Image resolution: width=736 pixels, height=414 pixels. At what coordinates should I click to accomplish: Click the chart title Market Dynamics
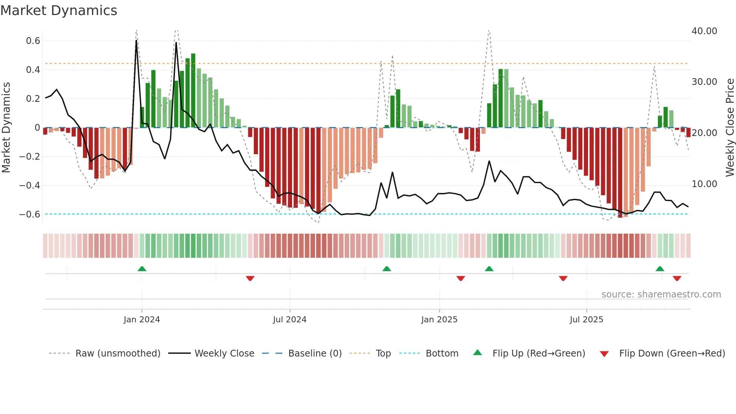tap(59, 11)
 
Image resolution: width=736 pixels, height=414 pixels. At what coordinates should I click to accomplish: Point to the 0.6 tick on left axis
tap(33, 41)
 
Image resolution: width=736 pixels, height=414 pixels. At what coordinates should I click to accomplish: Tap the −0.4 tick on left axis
tap(30, 186)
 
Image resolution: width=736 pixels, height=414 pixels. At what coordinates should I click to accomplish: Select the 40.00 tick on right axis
tap(704, 31)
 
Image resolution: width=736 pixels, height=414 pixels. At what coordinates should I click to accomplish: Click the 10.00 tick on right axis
tap(704, 184)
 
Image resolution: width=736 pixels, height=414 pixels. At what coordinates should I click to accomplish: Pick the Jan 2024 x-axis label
tap(142, 320)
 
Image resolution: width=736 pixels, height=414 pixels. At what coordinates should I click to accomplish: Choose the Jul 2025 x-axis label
tap(586, 320)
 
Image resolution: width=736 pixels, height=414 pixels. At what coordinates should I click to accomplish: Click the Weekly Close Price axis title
tap(730, 127)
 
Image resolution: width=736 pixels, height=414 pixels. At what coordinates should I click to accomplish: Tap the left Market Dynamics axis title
tap(6, 127)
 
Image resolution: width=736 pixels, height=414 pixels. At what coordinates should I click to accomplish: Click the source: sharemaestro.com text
tap(661, 295)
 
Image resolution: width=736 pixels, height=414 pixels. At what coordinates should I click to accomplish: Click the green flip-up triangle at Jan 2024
tap(142, 269)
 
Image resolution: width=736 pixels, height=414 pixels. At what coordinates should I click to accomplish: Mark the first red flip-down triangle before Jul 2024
tap(250, 278)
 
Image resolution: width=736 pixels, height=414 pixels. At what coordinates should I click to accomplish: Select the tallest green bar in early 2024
tap(193, 90)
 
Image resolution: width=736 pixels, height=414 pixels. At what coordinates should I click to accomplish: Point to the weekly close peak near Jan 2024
tap(136, 40)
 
